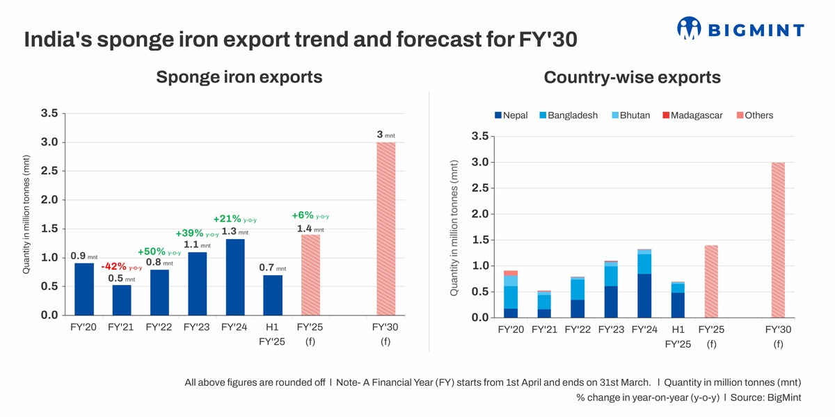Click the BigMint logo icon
click(689, 28)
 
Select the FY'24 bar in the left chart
click(235, 277)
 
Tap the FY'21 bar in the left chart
click(122, 300)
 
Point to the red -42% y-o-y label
click(121, 267)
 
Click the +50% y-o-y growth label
click(159, 252)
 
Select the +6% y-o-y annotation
click(310, 215)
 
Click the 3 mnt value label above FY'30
click(385, 134)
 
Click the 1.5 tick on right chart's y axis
click(480, 240)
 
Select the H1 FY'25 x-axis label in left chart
click(272, 334)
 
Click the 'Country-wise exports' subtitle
click(632, 77)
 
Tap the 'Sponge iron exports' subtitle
click(239, 77)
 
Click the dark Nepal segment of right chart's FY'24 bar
click(644, 295)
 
